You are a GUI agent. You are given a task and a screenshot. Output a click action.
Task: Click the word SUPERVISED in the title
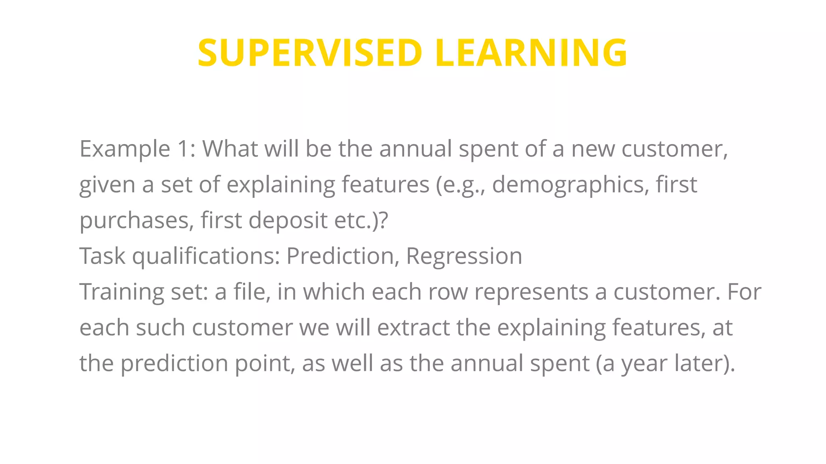pos(310,53)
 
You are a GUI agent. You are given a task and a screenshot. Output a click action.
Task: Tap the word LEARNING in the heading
pos(531,53)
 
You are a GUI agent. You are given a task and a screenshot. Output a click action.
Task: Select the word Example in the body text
pos(125,149)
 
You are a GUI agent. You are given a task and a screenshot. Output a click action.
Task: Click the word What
pos(230,149)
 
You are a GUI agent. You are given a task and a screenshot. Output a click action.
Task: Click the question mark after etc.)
pos(384,221)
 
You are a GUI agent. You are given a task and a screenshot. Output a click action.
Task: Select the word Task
pos(102,256)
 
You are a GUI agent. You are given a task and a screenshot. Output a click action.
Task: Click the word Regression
pos(464,256)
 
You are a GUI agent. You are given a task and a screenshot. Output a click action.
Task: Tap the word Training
pos(121,292)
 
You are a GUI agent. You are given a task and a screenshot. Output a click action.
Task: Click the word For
pos(744,292)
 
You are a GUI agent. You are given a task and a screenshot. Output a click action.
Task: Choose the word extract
pos(413,327)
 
